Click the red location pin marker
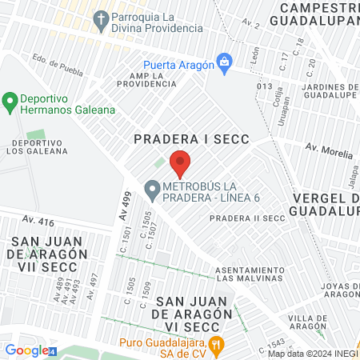click(x=180, y=162)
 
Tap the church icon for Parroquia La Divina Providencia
click(x=101, y=18)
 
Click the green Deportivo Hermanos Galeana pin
click(x=10, y=101)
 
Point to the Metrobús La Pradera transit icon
click(x=151, y=190)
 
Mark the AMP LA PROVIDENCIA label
click(x=146, y=80)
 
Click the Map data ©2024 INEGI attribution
click(x=312, y=354)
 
